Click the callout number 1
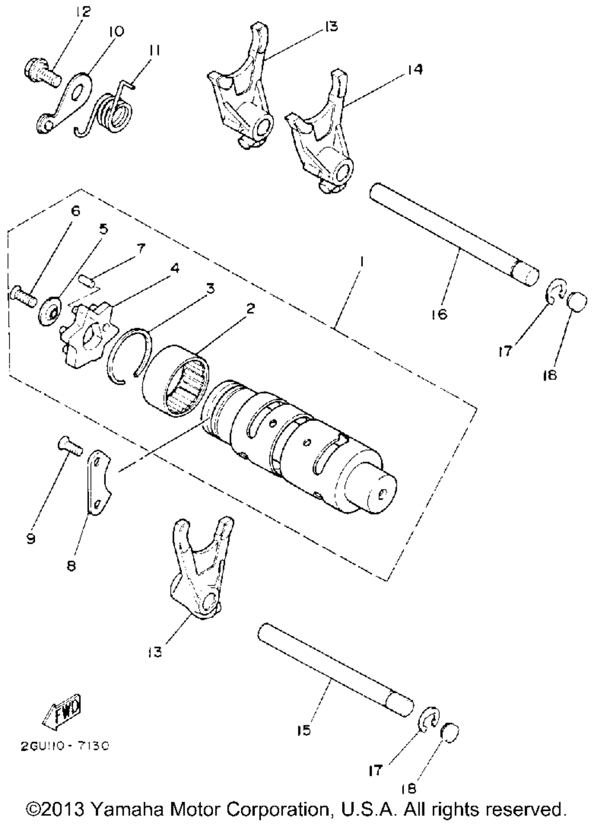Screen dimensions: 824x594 (x=361, y=263)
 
